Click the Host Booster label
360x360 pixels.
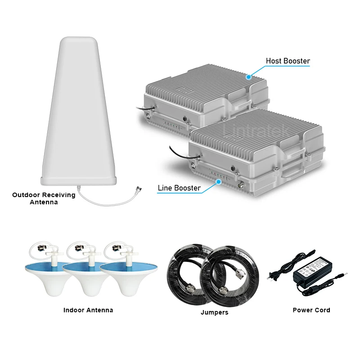click(x=288, y=61)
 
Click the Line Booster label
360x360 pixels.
click(x=179, y=188)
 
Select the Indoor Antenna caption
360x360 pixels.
click(x=88, y=310)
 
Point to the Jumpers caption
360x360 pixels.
click(x=215, y=312)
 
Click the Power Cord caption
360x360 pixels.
click(x=311, y=310)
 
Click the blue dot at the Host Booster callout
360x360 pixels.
click(x=248, y=76)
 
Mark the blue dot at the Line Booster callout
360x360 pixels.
click(x=219, y=182)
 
